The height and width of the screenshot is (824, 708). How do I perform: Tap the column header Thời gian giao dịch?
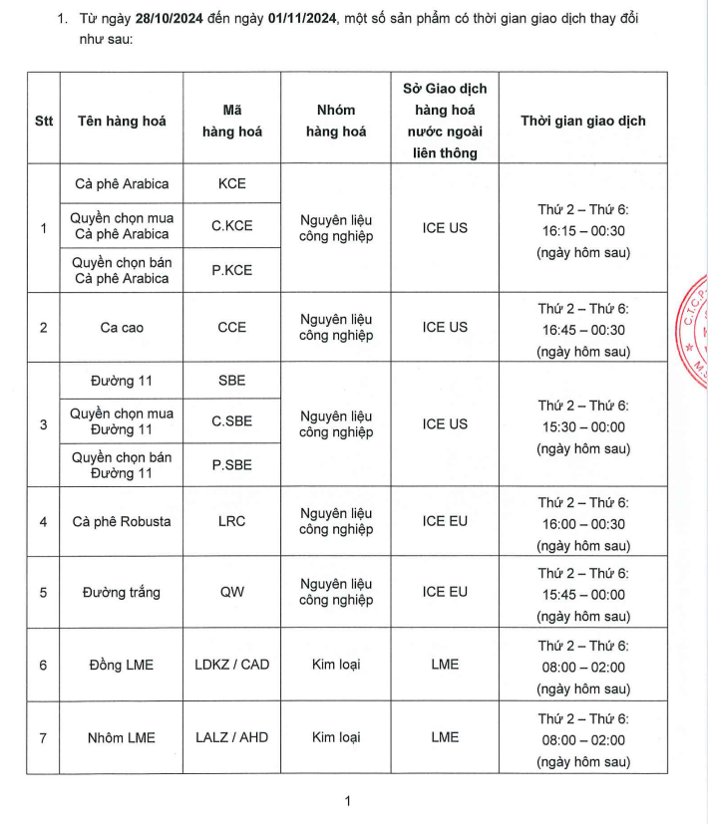pos(582,121)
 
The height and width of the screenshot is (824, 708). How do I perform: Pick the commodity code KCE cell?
pos(231,183)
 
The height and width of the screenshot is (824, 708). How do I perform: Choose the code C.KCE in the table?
pos(231,226)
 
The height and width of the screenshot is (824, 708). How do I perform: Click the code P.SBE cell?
pos(231,464)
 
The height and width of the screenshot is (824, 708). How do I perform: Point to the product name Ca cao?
pos(123,327)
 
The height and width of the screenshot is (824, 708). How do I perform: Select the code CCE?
pos(231,327)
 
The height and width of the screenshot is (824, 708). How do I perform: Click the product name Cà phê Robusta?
pos(123,521)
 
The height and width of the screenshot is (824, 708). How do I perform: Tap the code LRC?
pos(231,521)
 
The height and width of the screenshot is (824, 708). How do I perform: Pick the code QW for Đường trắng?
pos(231,592)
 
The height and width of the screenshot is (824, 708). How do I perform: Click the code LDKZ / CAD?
pos(231,665)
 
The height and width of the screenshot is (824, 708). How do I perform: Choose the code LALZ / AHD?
pos(231,737)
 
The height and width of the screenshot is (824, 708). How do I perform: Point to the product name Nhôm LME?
pos(123,737)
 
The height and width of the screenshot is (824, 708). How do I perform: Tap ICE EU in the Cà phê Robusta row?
pos(445,521)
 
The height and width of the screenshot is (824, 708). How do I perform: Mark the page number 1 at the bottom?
pos(347,800)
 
